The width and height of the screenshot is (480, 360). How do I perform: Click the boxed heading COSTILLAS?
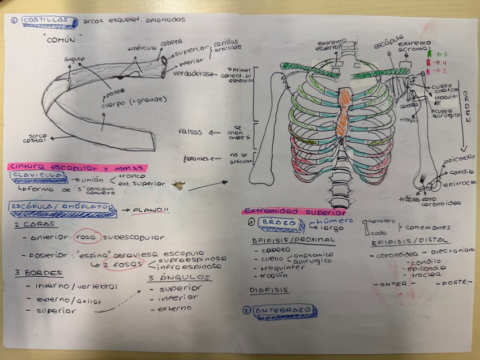(x=48, y=21)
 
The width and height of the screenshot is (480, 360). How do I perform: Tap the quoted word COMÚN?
(x=66, y=41)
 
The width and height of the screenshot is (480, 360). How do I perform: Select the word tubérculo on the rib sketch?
(x=140, y=48)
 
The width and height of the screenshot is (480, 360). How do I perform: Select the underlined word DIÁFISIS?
(x=269, y=290)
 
